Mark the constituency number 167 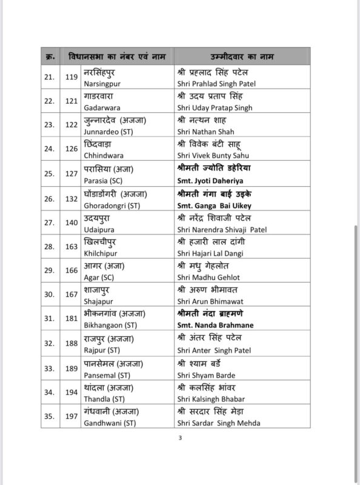click(x=71, y=295)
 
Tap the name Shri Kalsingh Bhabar click(x=210, y=398)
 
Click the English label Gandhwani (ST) click(x=108, y=423)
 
